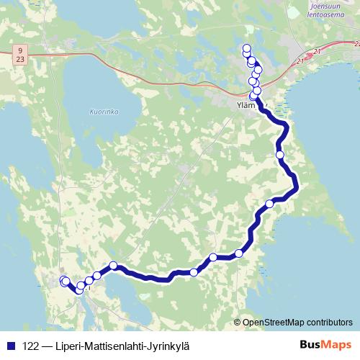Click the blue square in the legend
[x=9, y=345]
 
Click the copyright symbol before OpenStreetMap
[x=238, y=322]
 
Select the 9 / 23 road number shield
[x=20, y=54]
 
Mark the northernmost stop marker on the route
[x=247, y=48]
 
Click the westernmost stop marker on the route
[x=63, y=280]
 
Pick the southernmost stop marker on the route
[x=78, y=289]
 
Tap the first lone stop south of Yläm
[x=280, y=154]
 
